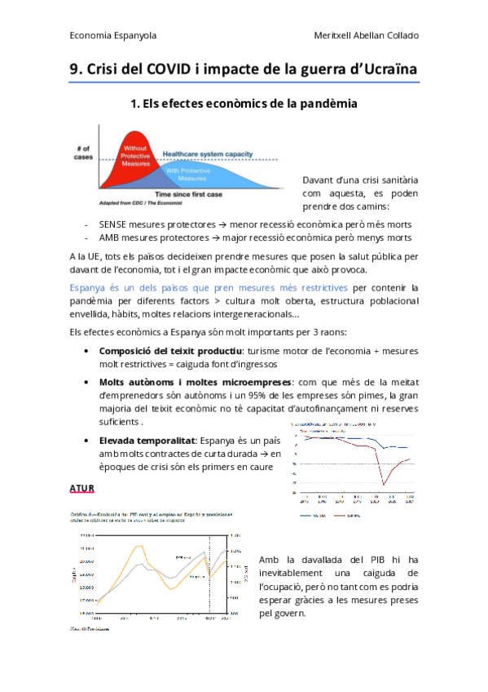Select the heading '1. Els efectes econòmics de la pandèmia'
click(244, 104)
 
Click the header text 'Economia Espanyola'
click(113, 36)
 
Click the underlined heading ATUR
click(83, 489)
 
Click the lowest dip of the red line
click(385, 485)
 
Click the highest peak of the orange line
click(138, 542)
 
